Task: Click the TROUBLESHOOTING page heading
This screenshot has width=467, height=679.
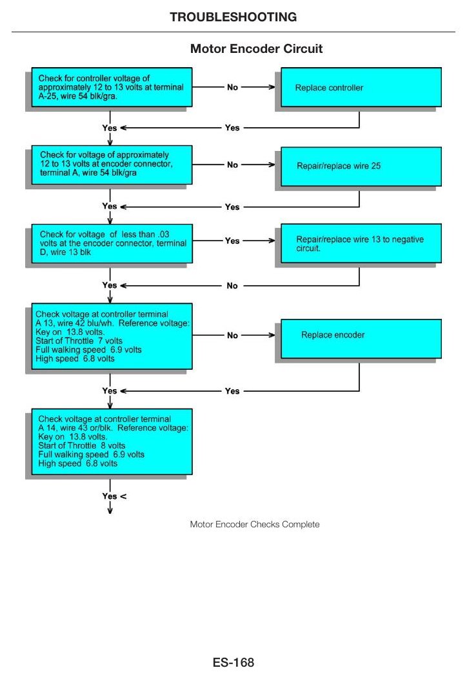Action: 234,17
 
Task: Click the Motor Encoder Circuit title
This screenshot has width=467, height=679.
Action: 256,48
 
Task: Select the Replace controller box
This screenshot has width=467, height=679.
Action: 361,87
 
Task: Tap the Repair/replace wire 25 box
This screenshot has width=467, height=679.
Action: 361,167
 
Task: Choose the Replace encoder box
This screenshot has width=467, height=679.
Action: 361,339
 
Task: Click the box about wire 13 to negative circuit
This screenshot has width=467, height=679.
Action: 361,243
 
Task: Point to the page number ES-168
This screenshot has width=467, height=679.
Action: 234,663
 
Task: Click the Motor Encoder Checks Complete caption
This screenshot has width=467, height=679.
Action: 255,524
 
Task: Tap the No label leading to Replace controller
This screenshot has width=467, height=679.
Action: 232,87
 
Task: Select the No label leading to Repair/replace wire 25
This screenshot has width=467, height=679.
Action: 232,165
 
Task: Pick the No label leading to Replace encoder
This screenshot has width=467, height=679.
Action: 232,335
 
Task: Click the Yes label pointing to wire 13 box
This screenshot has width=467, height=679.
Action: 232,241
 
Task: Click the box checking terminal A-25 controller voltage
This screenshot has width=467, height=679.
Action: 112,87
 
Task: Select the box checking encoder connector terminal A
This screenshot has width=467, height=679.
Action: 112,165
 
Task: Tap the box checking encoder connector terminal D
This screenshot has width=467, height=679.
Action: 112,243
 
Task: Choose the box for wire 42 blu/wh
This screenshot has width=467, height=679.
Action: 112,336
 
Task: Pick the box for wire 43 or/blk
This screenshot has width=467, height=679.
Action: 112,441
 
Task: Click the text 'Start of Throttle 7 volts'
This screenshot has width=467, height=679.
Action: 79,341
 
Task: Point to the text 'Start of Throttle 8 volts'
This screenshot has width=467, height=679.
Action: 82,445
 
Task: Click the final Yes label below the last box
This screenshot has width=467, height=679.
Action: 110,496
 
